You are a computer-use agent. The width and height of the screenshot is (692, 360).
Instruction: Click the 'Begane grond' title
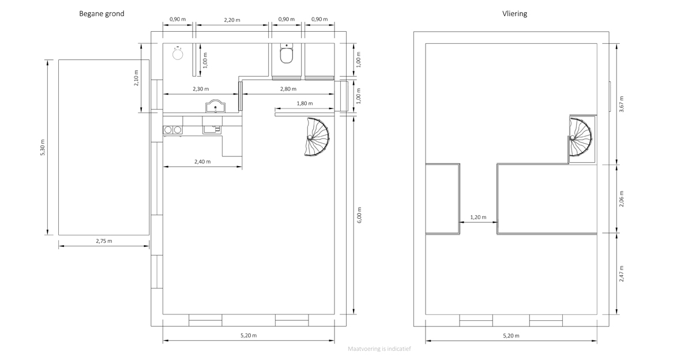101,14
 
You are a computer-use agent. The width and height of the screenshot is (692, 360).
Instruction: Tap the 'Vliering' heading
514,14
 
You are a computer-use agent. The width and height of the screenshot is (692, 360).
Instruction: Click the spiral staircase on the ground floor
317,137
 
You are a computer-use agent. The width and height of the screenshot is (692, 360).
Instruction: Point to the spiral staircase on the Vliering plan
581,137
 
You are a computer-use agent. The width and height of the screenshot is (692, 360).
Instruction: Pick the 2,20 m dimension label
232,20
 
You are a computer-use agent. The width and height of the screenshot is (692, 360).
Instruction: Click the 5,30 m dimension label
43,147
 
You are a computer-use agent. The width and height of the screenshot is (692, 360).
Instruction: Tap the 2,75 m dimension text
104,241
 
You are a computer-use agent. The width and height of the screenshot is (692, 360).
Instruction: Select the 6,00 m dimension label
359,215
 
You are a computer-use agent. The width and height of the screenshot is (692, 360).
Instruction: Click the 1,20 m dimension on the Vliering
478,217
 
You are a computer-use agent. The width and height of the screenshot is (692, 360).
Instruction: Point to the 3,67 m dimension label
622,104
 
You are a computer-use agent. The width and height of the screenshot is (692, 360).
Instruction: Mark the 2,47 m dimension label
622,273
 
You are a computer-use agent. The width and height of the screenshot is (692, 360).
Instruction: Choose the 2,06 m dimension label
622,198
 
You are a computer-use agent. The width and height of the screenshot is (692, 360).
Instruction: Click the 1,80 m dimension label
304,103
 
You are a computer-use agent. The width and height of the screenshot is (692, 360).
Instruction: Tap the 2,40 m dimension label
202,162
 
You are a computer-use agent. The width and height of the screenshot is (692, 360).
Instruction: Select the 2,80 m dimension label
288,89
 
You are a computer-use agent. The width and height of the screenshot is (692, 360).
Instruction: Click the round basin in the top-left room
178,54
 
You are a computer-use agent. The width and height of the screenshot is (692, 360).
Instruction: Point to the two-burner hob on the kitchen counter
172,130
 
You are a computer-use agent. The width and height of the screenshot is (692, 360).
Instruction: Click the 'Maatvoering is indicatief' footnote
379,349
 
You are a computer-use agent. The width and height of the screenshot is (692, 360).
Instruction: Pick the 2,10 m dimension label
136,78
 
